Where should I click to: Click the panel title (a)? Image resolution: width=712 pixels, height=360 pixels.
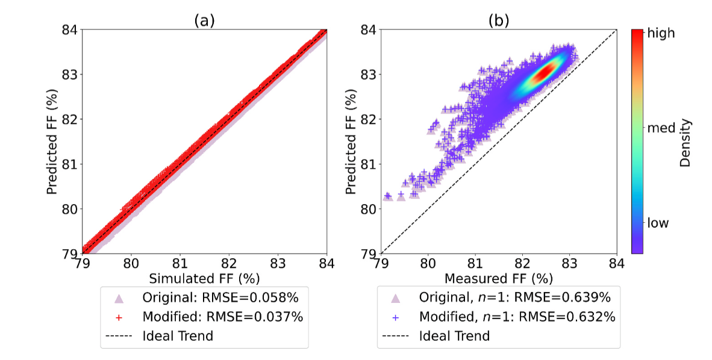click(x=204, y=20)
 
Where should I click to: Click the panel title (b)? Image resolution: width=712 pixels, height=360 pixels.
click(x=499, y=20)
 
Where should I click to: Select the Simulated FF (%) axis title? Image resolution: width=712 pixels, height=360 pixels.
click(x=204, y=278)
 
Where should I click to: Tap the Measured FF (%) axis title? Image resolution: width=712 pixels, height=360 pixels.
click(x=499, y=278)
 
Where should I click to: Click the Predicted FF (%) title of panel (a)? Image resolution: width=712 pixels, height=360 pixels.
click(x=52, y=141)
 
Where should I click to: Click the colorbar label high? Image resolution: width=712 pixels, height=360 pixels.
click(x=661, y=34)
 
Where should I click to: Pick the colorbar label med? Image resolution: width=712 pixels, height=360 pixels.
click(x=660, y=128)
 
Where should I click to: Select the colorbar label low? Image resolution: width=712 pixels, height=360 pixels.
click(x=658, y=223)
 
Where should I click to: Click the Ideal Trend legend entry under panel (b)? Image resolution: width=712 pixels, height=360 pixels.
click(x=454, y=335)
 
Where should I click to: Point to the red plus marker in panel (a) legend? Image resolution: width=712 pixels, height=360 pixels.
click(x=119, y=317)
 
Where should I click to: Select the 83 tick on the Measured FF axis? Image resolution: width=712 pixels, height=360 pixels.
click(x=569, y=263)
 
